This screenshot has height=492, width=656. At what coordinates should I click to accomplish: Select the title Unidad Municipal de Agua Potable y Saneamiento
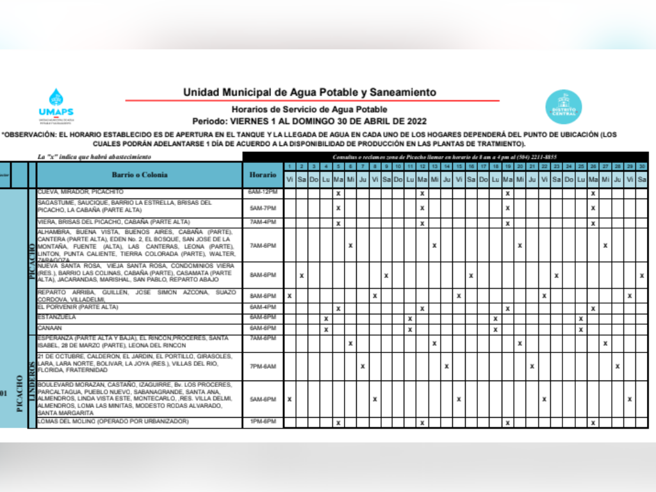pos(309,92)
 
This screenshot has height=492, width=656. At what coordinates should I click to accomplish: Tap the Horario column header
pos(263,174)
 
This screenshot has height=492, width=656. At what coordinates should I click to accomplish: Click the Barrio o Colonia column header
pos(140,174)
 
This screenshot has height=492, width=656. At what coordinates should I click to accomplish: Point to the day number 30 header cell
pos(642,167)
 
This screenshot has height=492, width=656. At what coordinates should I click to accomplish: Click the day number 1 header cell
pos(290,167)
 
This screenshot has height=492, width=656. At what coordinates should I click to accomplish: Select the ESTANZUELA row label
pos(57,317)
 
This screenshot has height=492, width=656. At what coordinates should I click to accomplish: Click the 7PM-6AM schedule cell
pos(263,366)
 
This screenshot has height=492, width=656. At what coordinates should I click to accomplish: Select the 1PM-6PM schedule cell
pos(263,422)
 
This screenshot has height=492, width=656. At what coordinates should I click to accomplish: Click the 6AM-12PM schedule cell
pos(263,192)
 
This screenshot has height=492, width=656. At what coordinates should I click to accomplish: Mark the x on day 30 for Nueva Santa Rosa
pos(642,275)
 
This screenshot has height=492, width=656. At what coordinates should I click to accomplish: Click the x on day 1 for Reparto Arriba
pos(290,296)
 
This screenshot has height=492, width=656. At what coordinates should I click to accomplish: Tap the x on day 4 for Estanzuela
pos(326,318)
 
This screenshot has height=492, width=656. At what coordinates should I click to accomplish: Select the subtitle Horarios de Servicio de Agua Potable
pos(309,110)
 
